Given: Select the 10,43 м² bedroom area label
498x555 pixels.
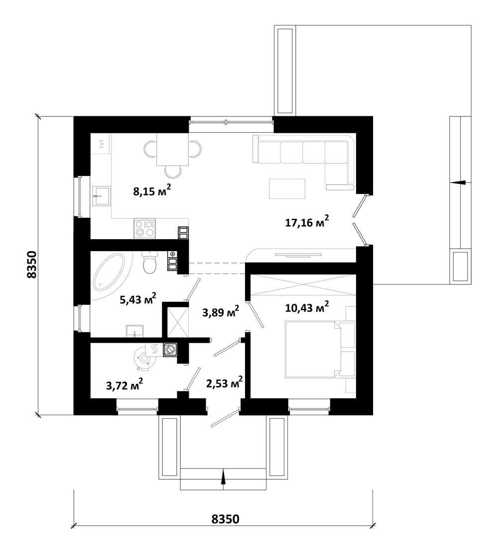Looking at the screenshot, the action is tap(307, 307).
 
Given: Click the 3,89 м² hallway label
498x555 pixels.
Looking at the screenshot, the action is tap(221, 311).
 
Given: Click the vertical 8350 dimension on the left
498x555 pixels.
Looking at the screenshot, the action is tap(31, 265).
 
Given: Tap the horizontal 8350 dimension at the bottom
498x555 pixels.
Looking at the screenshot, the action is tap(225, 519).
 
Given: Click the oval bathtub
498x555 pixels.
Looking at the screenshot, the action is tap(109, 271).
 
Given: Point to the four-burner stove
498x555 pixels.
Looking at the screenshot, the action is tap(144, 228).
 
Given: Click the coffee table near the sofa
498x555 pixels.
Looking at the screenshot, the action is tap(287, 189).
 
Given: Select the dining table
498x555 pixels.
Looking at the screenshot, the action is tap(173, 149).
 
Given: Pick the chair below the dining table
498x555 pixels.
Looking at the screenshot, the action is tap(173, 173).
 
